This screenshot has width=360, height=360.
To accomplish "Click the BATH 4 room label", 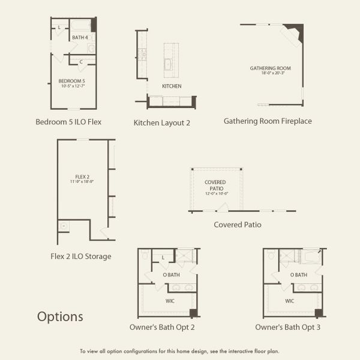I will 80,38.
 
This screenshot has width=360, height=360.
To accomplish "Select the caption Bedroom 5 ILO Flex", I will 68,122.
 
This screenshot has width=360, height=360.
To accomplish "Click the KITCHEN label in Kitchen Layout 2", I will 172,86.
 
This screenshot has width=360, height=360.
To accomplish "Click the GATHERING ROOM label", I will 271,68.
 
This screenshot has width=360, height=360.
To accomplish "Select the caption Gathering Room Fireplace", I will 268,121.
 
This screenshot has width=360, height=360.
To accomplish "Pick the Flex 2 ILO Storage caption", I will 81,257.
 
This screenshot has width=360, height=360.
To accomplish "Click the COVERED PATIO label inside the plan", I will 215,185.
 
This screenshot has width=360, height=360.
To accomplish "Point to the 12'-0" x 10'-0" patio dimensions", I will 215,194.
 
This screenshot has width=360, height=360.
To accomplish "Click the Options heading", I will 60,316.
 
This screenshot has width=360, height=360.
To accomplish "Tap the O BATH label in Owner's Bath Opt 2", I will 171,275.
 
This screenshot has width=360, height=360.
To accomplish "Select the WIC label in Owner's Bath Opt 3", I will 290,301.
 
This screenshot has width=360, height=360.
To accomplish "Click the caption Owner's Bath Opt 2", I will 162,328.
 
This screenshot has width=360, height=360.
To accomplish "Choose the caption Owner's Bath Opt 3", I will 288,328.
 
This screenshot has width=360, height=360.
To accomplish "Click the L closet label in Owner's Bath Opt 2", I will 163,258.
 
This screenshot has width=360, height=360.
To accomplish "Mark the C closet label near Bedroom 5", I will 80,62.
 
